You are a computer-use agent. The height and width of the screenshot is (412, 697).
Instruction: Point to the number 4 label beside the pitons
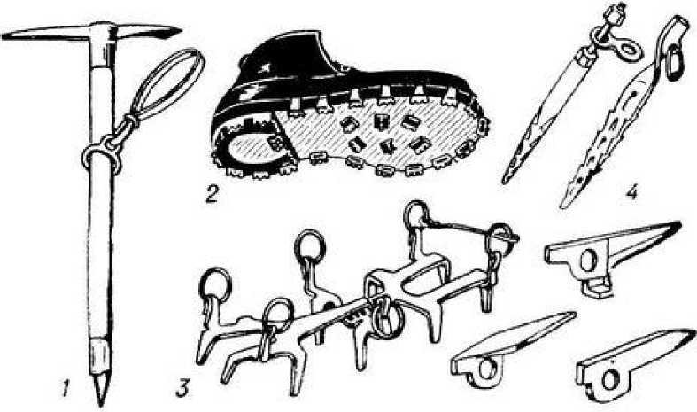pyautogui.click(x=631, y=190)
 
